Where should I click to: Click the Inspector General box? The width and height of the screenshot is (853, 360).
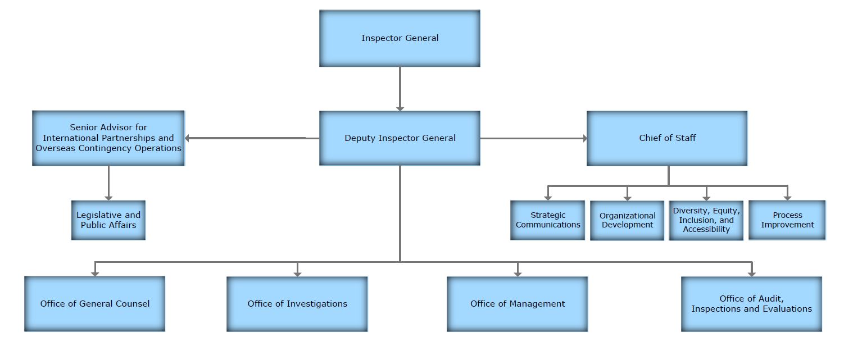click(x=400, y=38)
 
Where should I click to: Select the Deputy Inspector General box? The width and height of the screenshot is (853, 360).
click(x=400, y=138)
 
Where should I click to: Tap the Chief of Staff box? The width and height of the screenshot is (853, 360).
click(x=667, y=138)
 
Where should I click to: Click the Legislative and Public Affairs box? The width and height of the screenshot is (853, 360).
click(x=108, y=220)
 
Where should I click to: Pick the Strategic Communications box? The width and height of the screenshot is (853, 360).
click(x=548, y=220)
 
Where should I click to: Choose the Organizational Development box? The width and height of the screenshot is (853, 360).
click(x=627, y=220)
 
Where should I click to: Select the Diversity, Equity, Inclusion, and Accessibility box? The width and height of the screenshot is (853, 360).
click(x=706, y=220)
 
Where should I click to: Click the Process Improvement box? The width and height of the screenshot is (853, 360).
click(x=787, y=220)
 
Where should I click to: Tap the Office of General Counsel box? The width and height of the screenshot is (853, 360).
click(x=95, y=304)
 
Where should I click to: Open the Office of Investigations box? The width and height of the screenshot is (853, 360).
click(x=297, y=304)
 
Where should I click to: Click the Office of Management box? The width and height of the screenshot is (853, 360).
click(x=518, y=304)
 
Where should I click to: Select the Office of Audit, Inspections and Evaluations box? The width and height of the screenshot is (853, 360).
click(x=751, y=304)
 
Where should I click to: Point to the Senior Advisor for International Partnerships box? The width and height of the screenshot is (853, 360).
click(x=108, y=138)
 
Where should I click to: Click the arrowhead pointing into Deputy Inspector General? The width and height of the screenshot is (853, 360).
click(x=400, y=107)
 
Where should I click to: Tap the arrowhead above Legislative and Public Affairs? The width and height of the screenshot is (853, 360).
click(x=108, y=197)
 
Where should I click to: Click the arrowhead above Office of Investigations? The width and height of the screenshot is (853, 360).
click(x=297, y=273)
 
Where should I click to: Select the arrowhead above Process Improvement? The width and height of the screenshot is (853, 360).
click(x=787, y=197)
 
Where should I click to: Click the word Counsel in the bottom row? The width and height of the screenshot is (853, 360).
click(x=133, y=304)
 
